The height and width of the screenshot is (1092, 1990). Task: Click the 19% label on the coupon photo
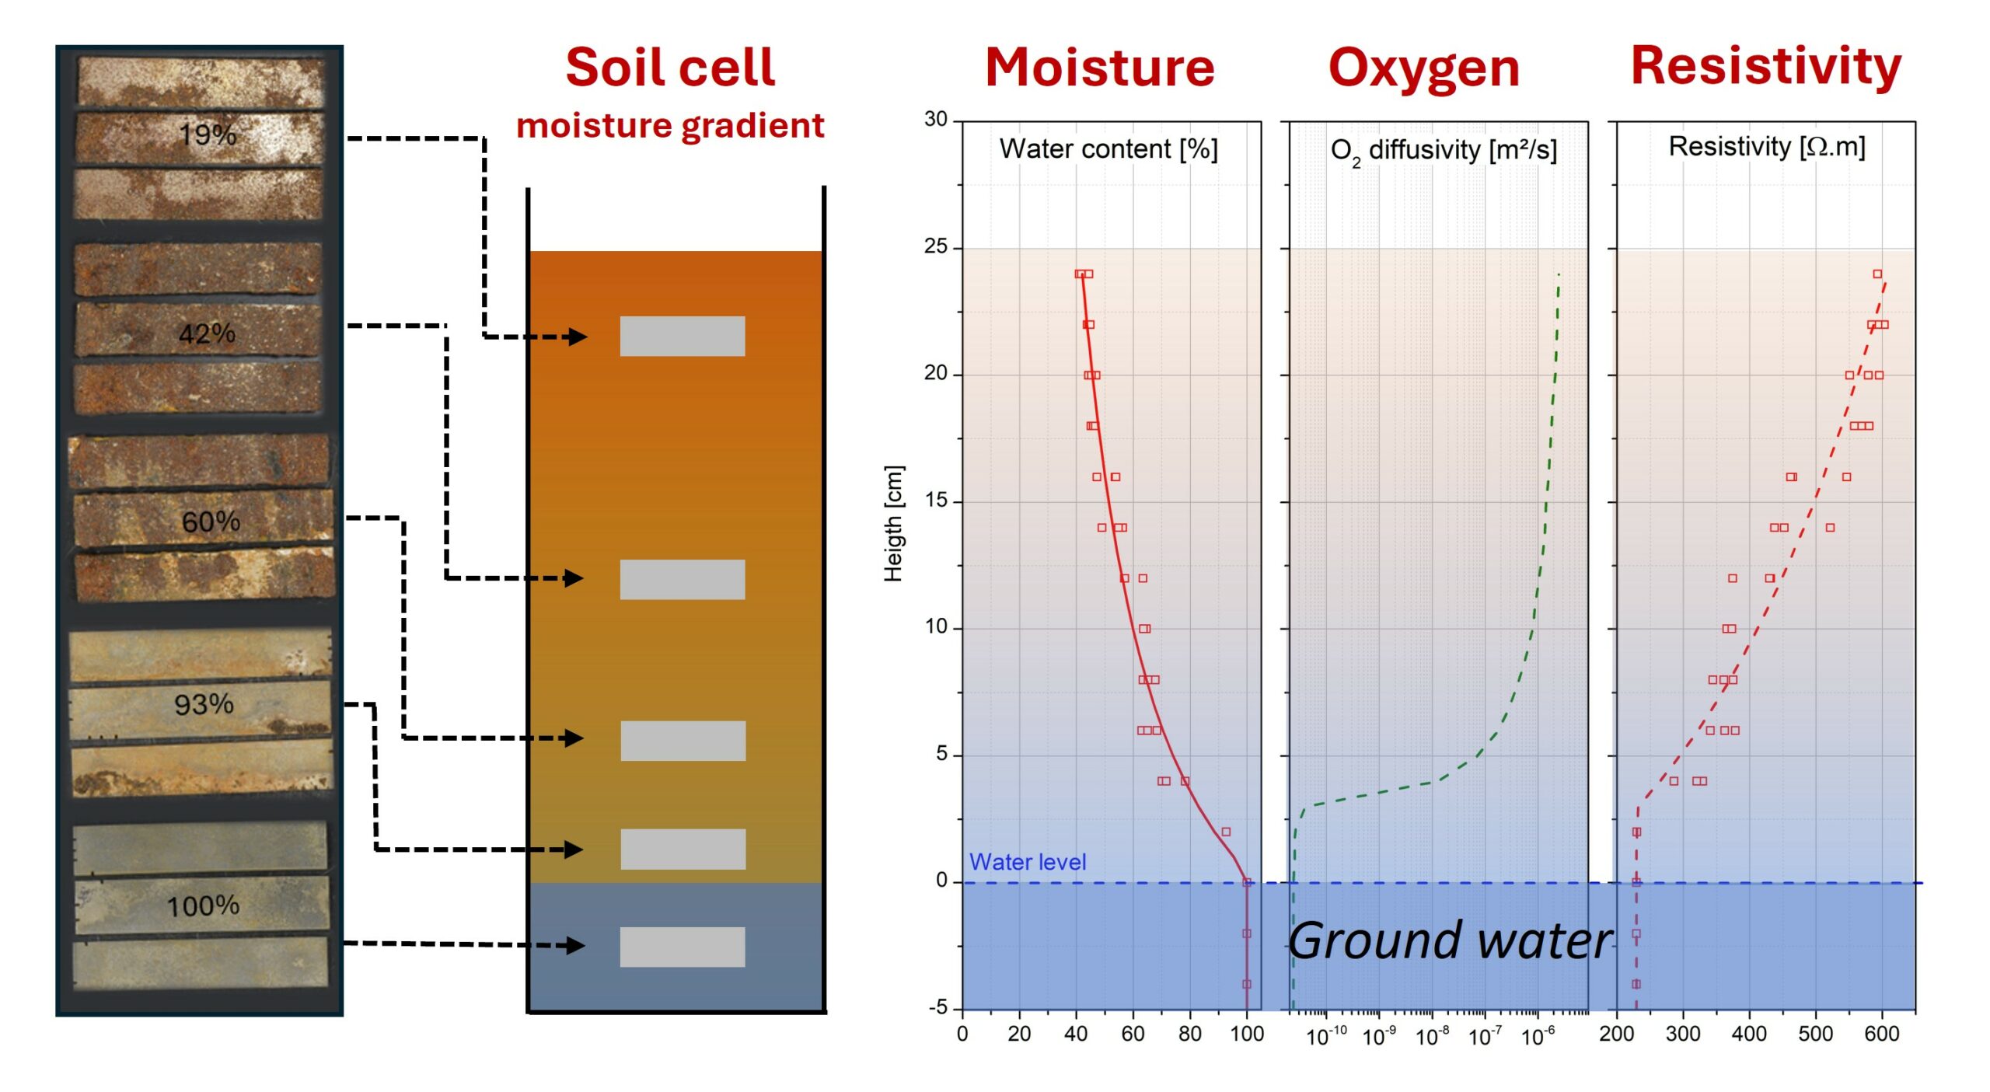208,134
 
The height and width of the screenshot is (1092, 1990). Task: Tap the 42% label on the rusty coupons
207,333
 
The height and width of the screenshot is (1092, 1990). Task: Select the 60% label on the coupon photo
211,522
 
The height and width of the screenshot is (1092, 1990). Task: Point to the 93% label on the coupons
204,704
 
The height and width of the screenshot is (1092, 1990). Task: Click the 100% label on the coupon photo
203,905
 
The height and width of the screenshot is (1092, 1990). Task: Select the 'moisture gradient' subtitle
670,125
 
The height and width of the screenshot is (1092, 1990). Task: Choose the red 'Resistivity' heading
1766,66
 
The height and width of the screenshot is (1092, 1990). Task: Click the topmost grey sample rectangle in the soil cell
683,336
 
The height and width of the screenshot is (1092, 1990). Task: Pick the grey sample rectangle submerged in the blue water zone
683,947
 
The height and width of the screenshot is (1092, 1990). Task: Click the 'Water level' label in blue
1028,862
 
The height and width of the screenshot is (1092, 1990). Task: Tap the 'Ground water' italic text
1451,941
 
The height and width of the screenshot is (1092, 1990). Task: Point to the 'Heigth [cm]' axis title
894,523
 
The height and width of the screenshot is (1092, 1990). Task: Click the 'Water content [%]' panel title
1108,148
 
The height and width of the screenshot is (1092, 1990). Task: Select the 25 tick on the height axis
936,246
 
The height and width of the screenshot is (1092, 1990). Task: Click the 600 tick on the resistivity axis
1882,1034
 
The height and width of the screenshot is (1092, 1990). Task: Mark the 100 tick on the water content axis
1247,1034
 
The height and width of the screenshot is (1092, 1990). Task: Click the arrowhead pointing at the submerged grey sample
575,945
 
